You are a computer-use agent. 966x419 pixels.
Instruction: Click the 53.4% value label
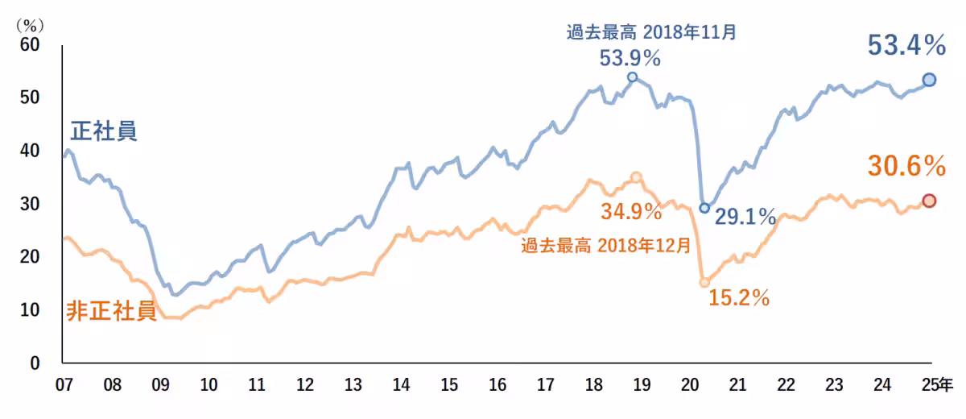pos(906,46)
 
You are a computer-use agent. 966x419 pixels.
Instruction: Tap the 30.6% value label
pos(906,166)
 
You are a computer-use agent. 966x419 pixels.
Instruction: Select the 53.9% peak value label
pos(630,58)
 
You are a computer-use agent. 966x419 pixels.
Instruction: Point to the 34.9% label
pos(631,212)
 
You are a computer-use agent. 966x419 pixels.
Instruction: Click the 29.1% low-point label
pos(745,216)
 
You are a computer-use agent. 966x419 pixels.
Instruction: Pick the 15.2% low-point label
pos(739,297)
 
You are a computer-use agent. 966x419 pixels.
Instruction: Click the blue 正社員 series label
pos(104,131)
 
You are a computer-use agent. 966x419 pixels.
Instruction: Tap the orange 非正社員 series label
pos(111,312)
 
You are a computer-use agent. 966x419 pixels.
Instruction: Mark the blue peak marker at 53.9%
pos(632,77)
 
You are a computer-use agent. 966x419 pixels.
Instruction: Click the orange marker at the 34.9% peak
pos(636,177)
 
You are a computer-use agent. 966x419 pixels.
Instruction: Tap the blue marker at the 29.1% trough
pos(704,208)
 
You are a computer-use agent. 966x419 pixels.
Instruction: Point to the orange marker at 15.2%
pos(704,282)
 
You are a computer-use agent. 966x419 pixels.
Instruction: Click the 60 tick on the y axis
pos(29,44)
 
